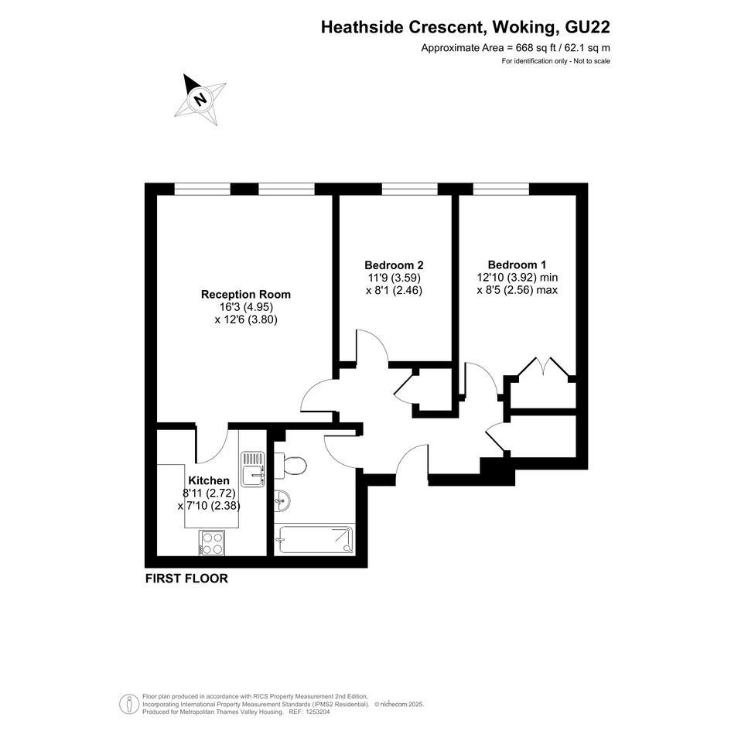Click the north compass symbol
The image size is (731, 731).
(x=200, y=99)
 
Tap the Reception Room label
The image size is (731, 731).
(x=246, y=295)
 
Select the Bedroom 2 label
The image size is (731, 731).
(x=394, y=265)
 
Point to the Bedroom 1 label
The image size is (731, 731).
(x=517, y=265)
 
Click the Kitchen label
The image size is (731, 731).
(x=209, y=480)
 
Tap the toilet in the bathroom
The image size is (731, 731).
(x=290, y=465)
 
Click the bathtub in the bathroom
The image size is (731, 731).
(x=315, y=539)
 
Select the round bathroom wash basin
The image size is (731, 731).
(x=282, y=501)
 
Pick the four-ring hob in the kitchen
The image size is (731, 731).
(x=212, y=543)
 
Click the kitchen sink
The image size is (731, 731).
(x=253, y=469)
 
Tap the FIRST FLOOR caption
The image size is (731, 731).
(x=186, y=579)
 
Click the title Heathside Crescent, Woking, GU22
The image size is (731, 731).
(x=465, y=27)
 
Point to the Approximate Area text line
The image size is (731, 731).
(x=516, y=47)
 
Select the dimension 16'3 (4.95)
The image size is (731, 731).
(x=246, y=307)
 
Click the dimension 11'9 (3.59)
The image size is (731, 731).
(x=394, y=278)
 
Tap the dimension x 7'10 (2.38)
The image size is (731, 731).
(x=209, y=505)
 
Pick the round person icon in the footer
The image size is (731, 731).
(x=128, y=704)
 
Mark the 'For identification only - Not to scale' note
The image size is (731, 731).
(x=555, y=61)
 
